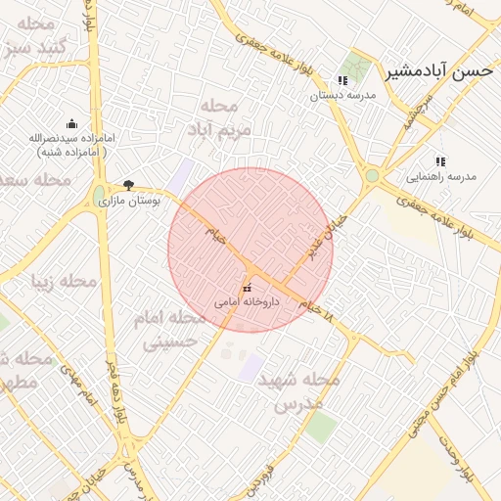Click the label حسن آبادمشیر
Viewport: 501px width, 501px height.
pyautogui.click(x=437, y=70)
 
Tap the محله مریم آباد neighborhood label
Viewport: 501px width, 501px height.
pyautogui.click(x=224, y=116)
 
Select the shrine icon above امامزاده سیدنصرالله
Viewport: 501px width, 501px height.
pyautogui.click(x=71, y=124)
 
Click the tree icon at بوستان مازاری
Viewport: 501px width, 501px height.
pyautogui.click(x=128, y=185)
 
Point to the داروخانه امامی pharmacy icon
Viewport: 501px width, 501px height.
pyautogui.click(x=246, y=288)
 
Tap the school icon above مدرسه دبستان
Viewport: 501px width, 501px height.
pyautogui.click(x=342, y=81)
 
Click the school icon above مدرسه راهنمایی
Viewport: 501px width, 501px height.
pyautogui.click(x=439, y=161)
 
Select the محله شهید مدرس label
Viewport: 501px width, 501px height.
pyautogui.click(x=298, y=390)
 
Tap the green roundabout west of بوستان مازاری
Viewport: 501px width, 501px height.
pyautogui.click(x=100, y=195)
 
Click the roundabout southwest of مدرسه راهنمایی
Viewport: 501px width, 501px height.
pyautogui.click(x=372, y=176)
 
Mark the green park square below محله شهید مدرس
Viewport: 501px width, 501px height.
pyautogui.click(x=321, y=427)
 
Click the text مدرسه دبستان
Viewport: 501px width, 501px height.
pyautogui.click(x=342, y=96)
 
